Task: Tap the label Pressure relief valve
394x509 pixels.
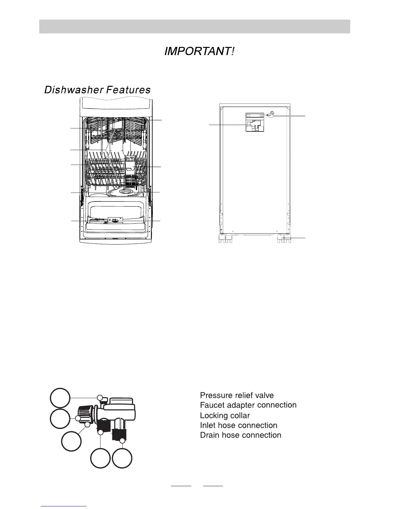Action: (x=237, y=395)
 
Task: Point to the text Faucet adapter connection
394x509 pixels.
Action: (x=248, y=405)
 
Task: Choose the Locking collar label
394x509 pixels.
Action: (x=225, y=415)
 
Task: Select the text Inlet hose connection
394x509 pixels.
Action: (x=239, y=425)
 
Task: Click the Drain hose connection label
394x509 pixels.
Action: (x=240, y=435)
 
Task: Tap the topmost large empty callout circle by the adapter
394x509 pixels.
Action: (x=60, y=398)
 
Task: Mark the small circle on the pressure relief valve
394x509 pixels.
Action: (x=100, y=398)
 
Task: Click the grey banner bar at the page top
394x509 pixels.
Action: (x=194, y=26)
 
